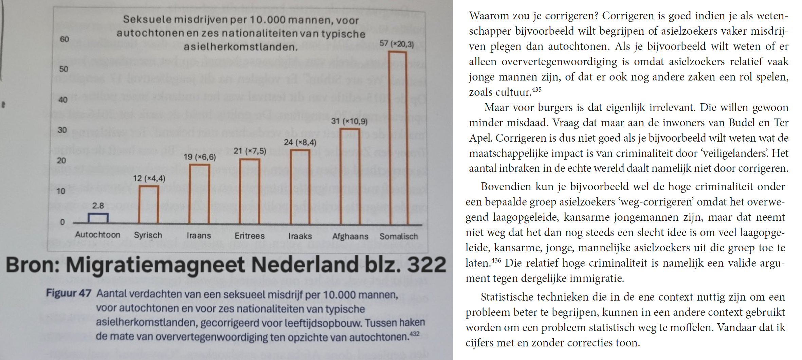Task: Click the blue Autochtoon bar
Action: (x=98, y=218)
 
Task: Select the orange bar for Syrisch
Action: (x=148, y=204)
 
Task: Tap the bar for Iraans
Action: (x=199, y=194)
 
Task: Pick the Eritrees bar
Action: (x=250, y=191)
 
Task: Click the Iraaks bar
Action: (x=300, y=186)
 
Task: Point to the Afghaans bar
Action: (x=350, y=176)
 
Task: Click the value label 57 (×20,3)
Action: (x=396, y=44)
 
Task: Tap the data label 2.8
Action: (x=98, y=205)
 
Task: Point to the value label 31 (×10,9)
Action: (x=349, y=121)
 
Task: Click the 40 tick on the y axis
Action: (x=63, y=100)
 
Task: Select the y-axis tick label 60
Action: (x=64, y=39)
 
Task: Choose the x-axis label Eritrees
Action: (x=250, y=236)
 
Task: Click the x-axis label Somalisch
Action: (x=399, y=236)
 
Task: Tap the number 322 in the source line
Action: (x=426, y=265)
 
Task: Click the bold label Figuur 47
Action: (x=69, y=293)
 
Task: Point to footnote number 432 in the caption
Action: (x=414, y=334)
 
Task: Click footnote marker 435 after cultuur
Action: (x=536, y=90)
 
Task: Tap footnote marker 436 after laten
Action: (x=496, y=260)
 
